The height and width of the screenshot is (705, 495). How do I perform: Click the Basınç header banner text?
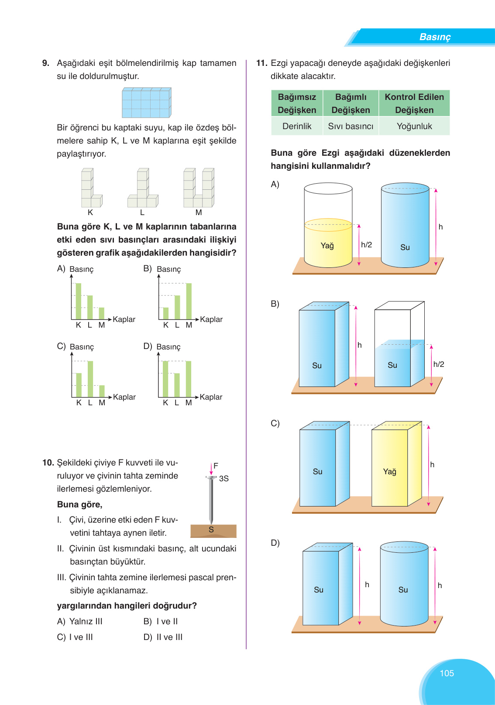click(435, 37)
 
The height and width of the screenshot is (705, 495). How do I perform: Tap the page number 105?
click(447, 673)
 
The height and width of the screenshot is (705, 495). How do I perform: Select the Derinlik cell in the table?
click(297, 126)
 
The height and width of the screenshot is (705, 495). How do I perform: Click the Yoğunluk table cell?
click(414, 126)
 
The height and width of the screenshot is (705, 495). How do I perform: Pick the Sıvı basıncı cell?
click(351, 126)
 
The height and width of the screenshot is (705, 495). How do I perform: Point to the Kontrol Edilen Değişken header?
click(414, 103)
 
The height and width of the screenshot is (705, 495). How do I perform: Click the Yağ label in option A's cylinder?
click(327, 246)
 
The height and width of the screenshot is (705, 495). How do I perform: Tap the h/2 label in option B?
click(438, 364)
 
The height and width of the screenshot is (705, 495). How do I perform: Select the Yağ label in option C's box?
click(389, 472)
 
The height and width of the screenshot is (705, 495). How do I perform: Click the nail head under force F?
click(211, 478)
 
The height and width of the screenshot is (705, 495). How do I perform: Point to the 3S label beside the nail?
click(224, 479)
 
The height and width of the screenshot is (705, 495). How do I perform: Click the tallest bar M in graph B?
click(189, 301)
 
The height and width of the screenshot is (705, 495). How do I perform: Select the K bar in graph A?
click(79, 301)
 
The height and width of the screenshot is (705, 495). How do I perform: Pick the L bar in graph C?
click(90, 379)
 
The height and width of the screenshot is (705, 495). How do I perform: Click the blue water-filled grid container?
click(146, 103)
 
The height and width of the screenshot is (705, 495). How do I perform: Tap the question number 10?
click(48, 463)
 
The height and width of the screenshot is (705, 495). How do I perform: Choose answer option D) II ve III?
click(163, 637)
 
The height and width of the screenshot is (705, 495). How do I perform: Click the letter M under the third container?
click(199, 212)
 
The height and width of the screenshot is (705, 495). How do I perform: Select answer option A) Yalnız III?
click(80, 621)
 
